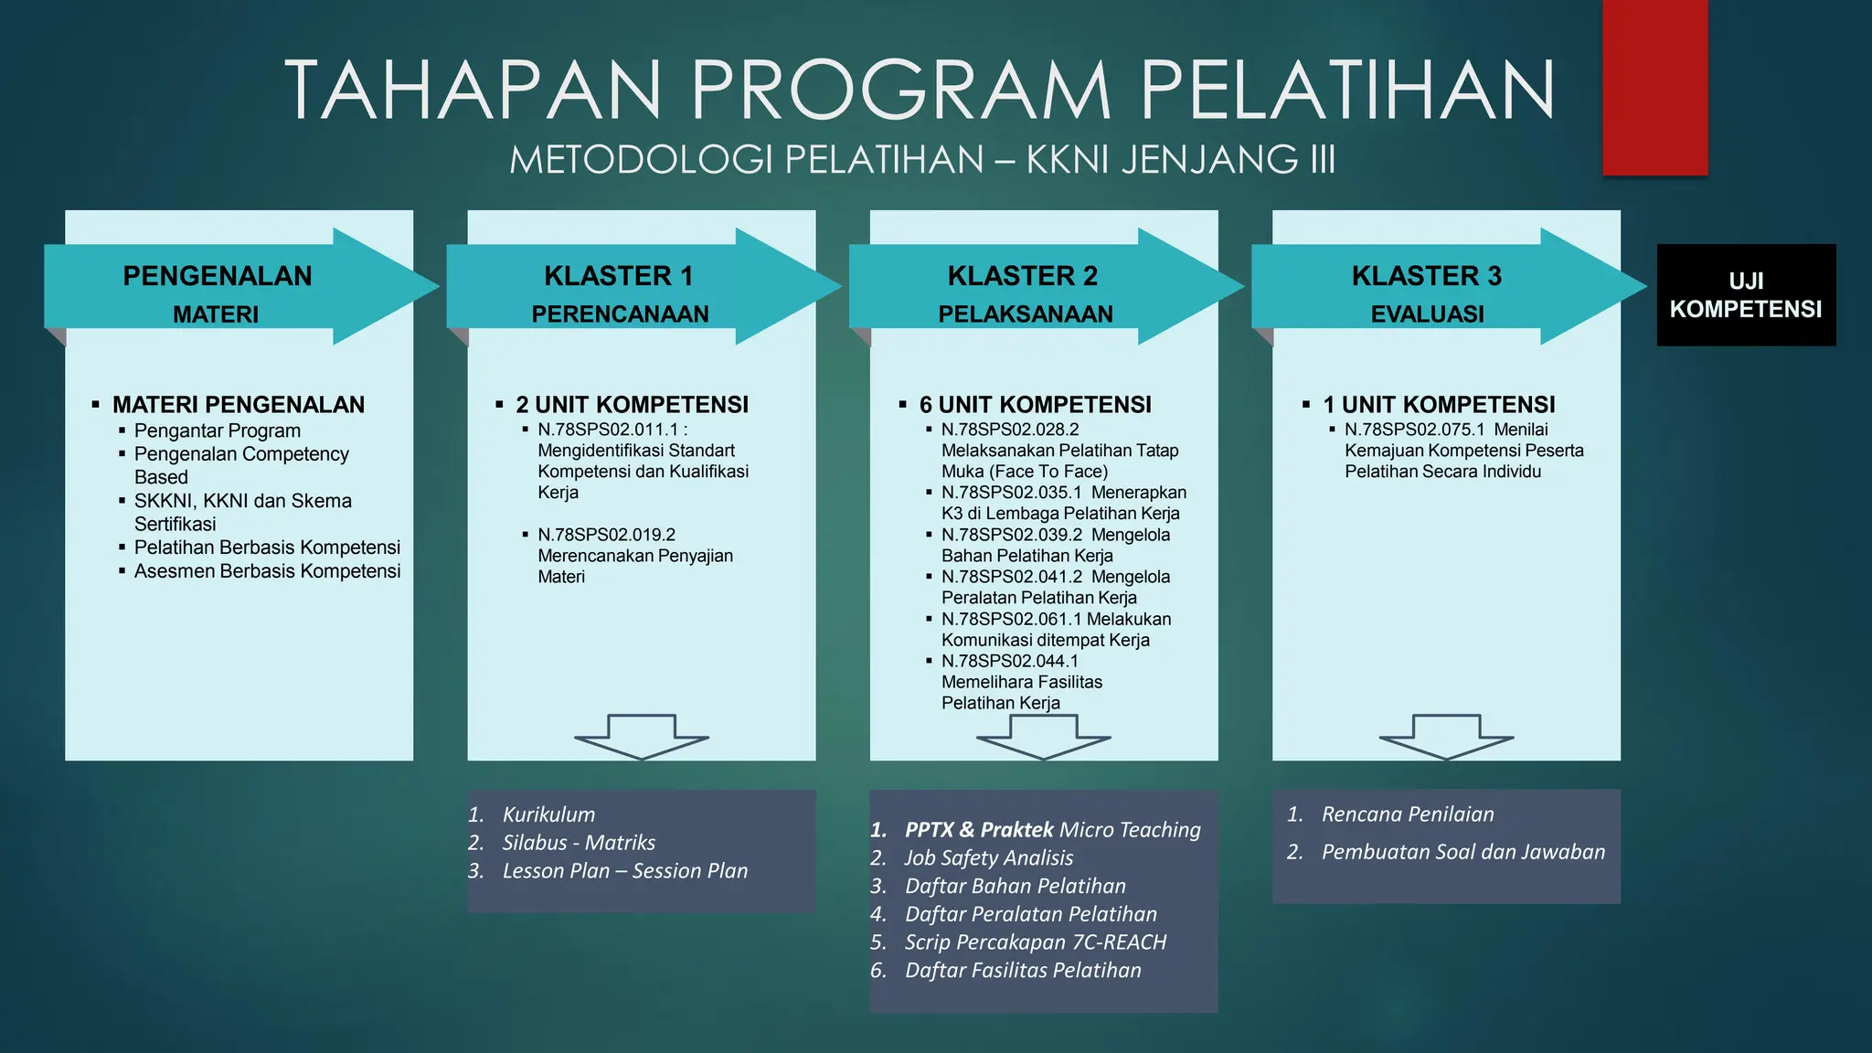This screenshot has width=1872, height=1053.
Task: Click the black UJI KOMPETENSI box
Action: tap(1746, 294)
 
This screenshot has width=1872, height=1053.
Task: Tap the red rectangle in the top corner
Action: tap(1654, 87)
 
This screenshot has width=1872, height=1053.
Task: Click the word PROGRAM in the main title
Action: tap(900, 90)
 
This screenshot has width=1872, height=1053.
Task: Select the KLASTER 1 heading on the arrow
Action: tap(619, 275)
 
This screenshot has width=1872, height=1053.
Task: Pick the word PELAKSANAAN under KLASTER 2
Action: tap(1026, 314)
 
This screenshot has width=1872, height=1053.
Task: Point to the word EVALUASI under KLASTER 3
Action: tap(1427, 314)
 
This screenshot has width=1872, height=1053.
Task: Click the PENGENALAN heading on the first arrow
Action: tap(218, 275)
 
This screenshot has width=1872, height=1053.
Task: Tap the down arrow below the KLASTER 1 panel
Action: tap(642, 737)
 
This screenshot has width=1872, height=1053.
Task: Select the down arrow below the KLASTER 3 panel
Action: tap(1446, 737)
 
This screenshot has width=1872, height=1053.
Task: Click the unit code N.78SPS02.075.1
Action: tap(1415, 430)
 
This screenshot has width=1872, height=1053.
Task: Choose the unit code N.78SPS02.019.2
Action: tap(607, 535)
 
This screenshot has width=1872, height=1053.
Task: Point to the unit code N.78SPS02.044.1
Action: tap(1010, 661)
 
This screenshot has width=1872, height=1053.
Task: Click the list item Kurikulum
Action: tap(548, 814)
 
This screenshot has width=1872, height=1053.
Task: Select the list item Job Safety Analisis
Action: tap(988, 857)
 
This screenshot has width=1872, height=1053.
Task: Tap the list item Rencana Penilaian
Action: tap(1408, 814)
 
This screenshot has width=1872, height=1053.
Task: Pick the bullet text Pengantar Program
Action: tap(218, 431)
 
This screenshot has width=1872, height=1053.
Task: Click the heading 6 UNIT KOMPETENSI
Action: tap(1035, 404)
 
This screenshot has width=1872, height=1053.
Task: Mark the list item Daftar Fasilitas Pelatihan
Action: tap(1023, 970)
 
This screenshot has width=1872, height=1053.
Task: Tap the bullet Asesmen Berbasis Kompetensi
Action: tap(267, 571)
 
